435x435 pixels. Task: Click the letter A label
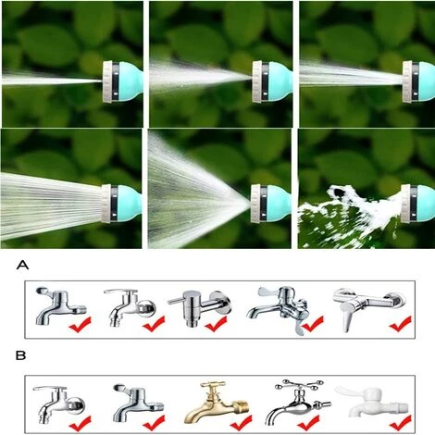point(22,265)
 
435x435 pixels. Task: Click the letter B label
point(21,355)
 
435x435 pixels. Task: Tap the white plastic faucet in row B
point(372,401)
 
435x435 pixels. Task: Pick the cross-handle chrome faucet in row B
point(298,401)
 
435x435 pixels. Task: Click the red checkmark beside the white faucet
point(400,423)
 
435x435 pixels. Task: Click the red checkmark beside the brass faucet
point(241,423)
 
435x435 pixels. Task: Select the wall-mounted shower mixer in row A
point(368,307)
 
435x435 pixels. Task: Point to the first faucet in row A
point(60,305)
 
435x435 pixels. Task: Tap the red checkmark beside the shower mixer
point(400,324)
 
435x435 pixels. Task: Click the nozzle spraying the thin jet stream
point(123,81)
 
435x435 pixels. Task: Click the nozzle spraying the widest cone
point(271,204)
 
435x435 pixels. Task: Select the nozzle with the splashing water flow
point(417,204)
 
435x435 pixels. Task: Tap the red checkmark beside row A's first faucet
point(80,324)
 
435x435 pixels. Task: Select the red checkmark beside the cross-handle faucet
point(308,423)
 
